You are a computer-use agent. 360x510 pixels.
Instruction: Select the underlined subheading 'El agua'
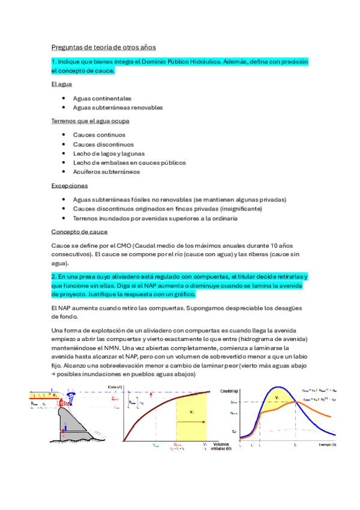[x=62, y=84]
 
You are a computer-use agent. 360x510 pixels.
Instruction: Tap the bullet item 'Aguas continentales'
[x=102, y=98]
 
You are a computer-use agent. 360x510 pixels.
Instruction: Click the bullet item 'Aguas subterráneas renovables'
[x=118, y=108]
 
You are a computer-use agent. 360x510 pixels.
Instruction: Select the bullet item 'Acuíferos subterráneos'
[x=106, y=172]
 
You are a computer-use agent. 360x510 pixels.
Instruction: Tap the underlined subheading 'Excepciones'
[x=70, y=186]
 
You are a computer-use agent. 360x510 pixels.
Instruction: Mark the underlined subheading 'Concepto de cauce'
[x=80, y=232]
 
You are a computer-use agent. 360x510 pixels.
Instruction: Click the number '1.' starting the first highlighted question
[x=53, y=61]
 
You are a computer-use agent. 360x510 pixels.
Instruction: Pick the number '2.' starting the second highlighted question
[x=53, y=276]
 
